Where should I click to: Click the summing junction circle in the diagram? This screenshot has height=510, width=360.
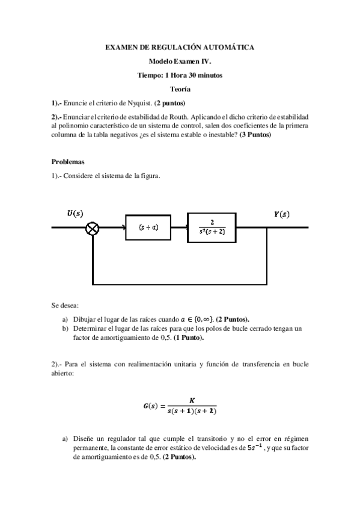click(x=93, y=228)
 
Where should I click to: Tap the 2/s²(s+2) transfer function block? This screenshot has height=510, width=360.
click(x=212, y=227)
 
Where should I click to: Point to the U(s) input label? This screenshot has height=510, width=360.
click(x=75, y=214)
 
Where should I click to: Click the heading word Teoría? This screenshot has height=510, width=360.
click(x=180, y=89)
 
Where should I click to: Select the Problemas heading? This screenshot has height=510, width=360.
click(x=69, y=162)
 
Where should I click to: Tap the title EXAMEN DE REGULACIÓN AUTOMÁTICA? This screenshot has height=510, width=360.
click(x=180, y=46)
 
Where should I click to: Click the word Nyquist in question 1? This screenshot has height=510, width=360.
click(x=130, y=103)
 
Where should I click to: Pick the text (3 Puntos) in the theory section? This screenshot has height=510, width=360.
click(x=255, y=134)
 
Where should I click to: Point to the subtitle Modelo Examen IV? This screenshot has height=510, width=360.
click(x=180, y=61)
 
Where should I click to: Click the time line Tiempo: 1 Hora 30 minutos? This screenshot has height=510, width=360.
click(x=180, y=75)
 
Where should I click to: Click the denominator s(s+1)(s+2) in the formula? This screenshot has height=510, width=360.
click(x=192, y=411)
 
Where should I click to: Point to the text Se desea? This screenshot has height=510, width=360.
click(x=65, y=306)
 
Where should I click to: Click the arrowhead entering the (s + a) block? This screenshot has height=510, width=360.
click(x=122, y=228)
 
